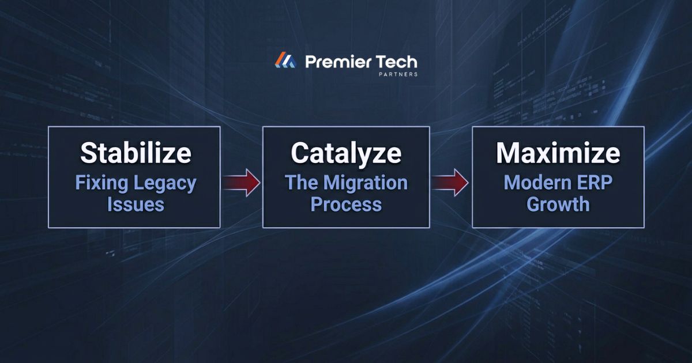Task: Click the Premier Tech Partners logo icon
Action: click(285, 60)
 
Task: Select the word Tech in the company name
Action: click(396, 62)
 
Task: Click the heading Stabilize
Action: click(136, 153)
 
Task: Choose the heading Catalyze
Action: click(346, 153)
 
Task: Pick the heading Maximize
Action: click(558, 153)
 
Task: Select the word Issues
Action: click(136, 205)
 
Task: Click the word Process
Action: click(346, 205)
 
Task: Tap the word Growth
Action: click(558, 205)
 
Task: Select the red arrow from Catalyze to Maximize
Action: click(451, 183)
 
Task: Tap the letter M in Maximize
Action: click(509, 153)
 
